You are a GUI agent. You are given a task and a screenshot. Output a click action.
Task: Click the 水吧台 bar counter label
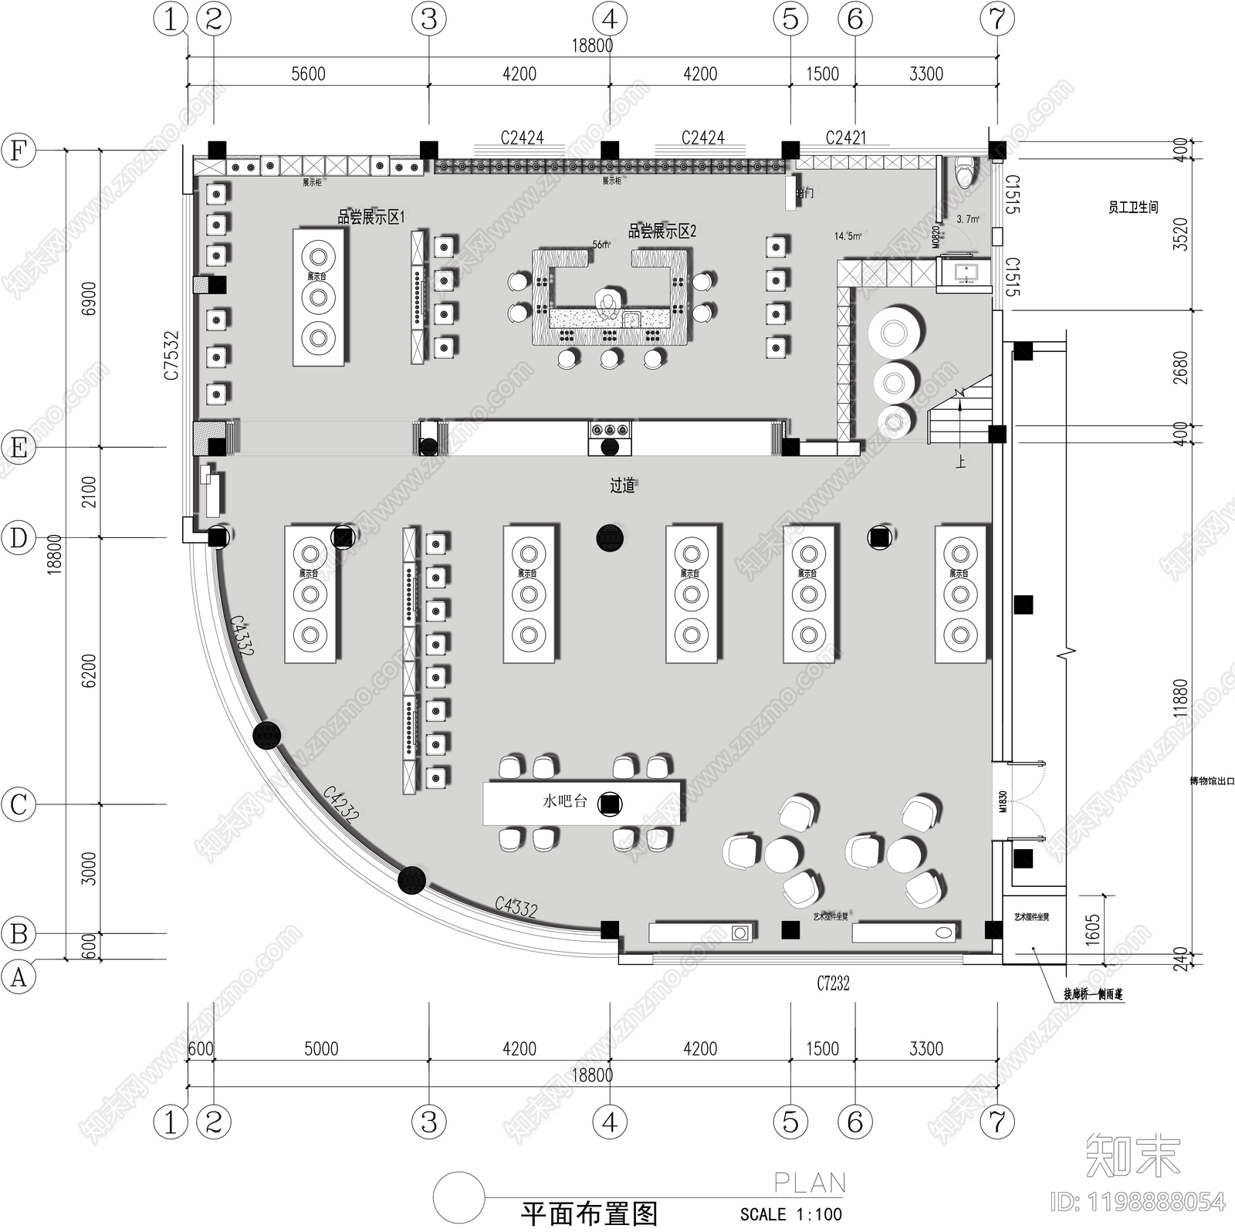(x=564, y=802)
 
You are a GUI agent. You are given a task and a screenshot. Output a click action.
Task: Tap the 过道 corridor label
(x=622, y=485)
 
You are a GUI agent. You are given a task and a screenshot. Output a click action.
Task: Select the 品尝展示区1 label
(x=370, y=217)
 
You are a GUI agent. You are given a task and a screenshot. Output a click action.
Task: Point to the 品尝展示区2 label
(x=662, y=231)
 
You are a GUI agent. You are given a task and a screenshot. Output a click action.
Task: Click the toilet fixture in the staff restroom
(x=966, y=172)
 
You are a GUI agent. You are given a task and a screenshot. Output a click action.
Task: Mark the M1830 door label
(x=1003, y=802)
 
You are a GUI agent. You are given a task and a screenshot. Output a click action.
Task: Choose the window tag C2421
(x=846, y=137)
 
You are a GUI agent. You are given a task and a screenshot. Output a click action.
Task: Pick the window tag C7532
(x=171, y=355)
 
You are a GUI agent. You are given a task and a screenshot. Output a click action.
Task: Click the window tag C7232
(x=833, y=983)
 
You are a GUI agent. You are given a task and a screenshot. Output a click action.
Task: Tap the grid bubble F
(x=19, y=150)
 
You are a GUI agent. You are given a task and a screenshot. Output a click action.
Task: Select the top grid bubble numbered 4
(x=610, y=19)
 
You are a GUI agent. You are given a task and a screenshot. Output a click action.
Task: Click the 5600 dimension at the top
(x=308, y=74)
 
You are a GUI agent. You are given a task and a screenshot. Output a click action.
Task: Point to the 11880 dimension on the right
(x=1180, y=698)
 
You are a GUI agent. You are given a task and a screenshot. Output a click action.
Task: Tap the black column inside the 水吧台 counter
(x=610, y=804)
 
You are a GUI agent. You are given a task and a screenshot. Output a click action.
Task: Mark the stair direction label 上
(x=960, y=462)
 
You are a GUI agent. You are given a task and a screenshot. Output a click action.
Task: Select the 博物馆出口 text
(x=1212, y=781)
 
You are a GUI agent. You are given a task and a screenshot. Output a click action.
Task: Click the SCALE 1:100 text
(x=791, y=1213)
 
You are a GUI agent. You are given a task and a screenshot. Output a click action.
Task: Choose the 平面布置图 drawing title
(x=588, y=1213)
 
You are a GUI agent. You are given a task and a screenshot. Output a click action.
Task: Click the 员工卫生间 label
(x=1133, y=207)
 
